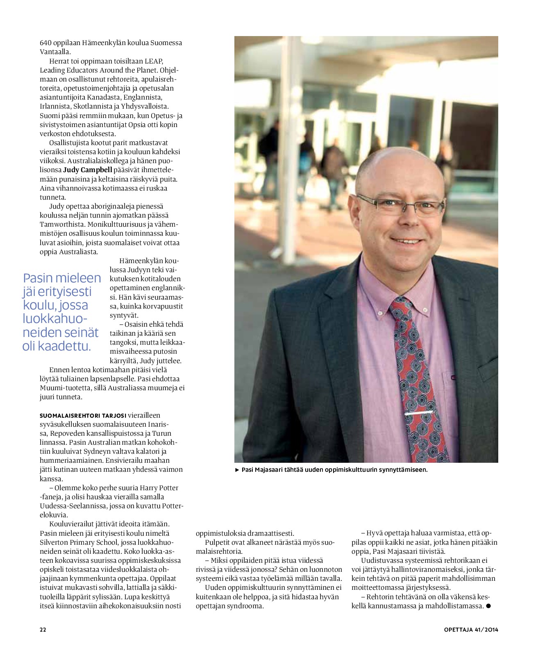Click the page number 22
click(x=43, y=630)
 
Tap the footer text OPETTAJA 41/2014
click(x=471, y=630)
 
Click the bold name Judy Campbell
click(x=88, y=170)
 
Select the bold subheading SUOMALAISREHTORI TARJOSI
click(x=83, y=416)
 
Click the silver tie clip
click(x=418, y=413)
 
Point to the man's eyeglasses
click(x=400, y=205)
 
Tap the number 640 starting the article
click(x=45, y=43)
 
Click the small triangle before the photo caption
click(x=237, y=470)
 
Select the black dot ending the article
click(x=488, y=606)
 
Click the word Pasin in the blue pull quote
click(x=38, y=278)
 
